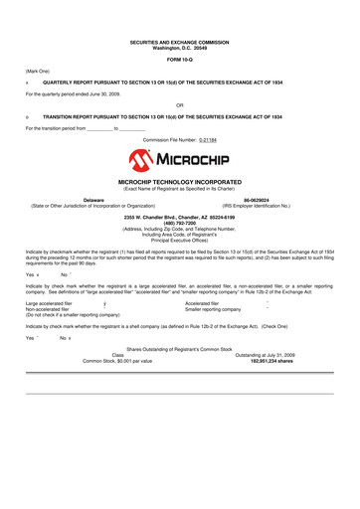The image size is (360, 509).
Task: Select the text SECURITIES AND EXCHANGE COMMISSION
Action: coord(179,42)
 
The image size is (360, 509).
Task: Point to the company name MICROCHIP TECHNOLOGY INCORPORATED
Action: coord(179,184)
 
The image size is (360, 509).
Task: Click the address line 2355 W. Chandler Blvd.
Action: coord(179,216)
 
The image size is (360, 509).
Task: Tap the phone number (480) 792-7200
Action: coord(179,222)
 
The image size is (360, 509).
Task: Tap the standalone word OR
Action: coord(179,103)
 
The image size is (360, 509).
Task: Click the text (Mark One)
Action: coord(39,72)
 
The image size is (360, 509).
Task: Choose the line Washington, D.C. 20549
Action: coord(179,48)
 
